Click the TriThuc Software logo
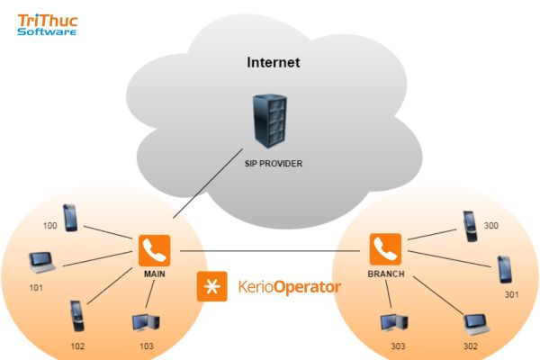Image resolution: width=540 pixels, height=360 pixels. click(x=47, y=22)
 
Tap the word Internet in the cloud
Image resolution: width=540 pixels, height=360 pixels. click(x=273, y=63)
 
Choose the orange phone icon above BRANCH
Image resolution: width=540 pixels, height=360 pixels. click(x=385, y=248)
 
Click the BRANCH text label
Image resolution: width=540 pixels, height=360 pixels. click(x=385, y=271)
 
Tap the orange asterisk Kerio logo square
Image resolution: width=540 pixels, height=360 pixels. click(x=212, y=286)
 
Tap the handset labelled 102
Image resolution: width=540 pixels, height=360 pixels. click(x=76, y=316)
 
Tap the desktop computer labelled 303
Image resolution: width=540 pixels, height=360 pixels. click(x=391, y=323)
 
